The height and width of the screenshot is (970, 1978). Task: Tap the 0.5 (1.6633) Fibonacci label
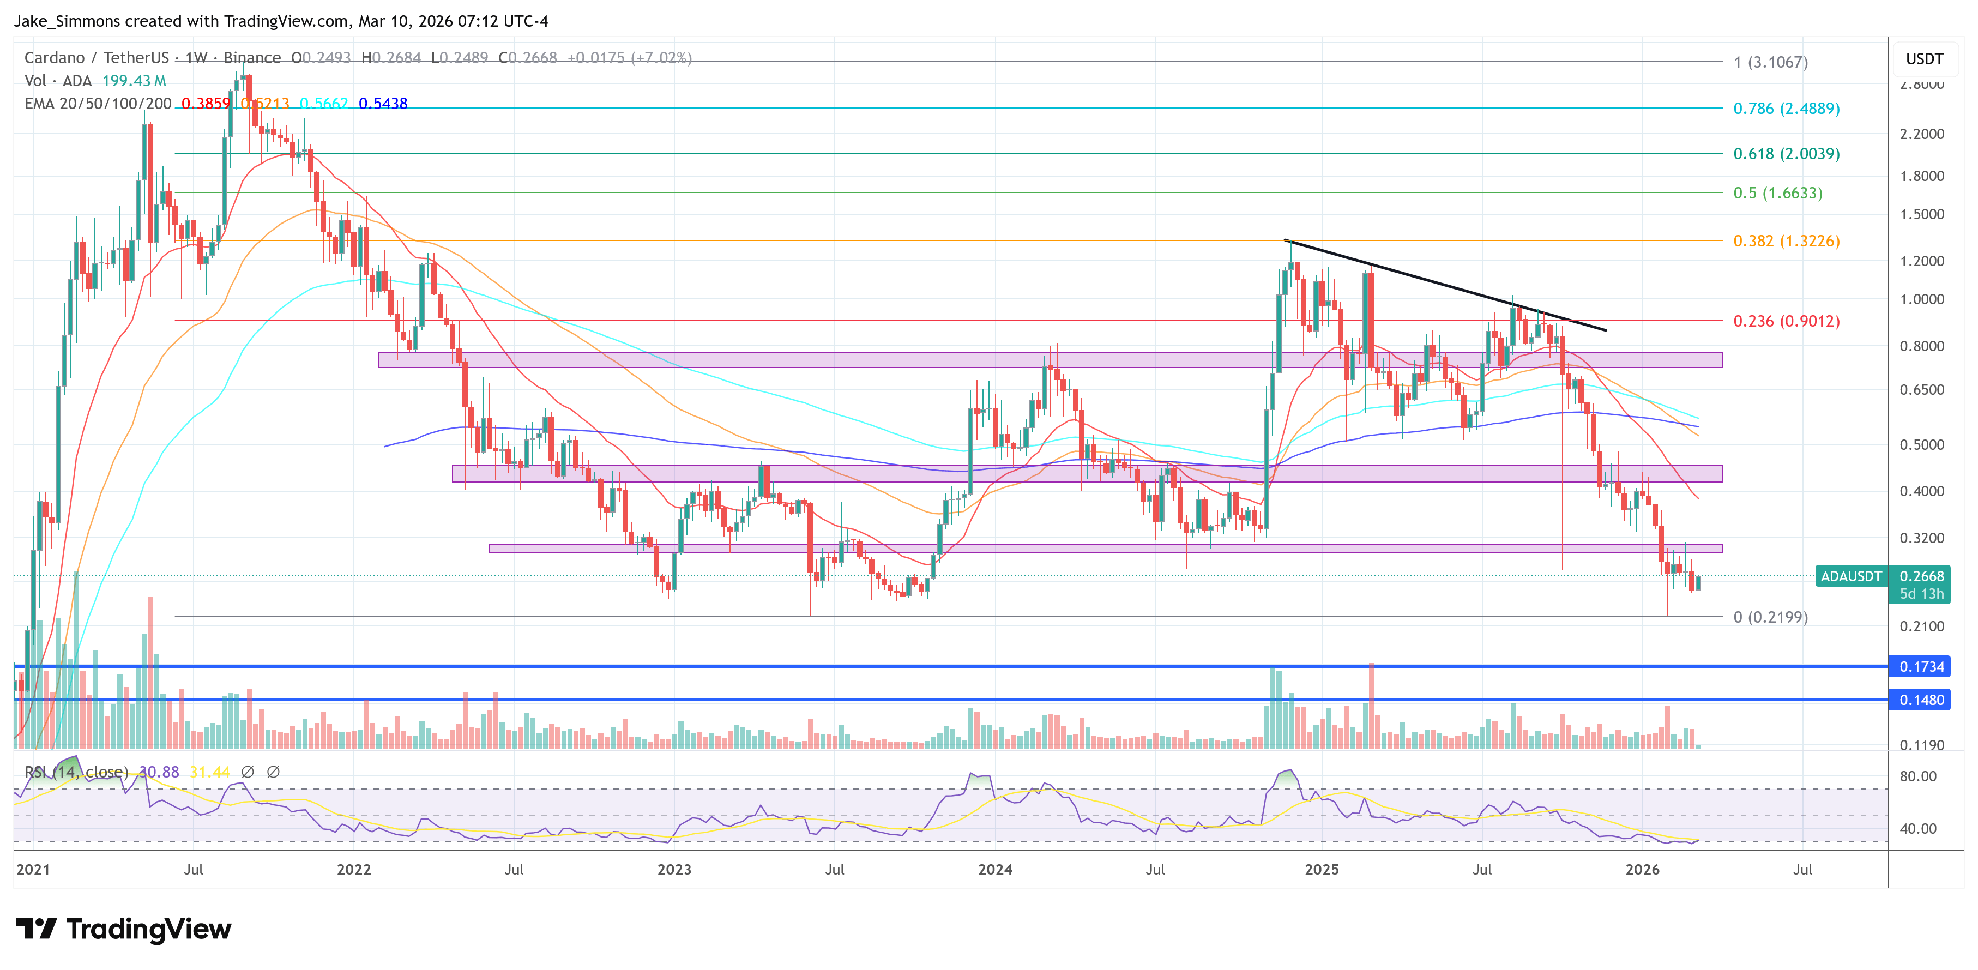pos(1777,193)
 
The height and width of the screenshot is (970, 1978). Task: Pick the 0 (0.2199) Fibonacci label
pos(1770,617)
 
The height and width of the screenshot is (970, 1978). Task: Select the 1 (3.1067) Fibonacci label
pos(1770,62)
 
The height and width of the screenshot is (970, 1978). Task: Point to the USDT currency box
pos(1924,59)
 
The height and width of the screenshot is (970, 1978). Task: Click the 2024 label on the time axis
pos(994,869)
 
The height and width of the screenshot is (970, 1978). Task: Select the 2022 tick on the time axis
pos(353,869)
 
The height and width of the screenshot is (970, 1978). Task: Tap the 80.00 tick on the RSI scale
pos(1917,776)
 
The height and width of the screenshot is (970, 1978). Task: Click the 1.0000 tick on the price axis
pos(1921,299)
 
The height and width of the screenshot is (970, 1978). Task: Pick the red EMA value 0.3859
pos(205,104)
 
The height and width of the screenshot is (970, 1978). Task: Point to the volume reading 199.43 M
pos(134,81)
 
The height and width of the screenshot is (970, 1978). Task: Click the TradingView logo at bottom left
pos(123,929)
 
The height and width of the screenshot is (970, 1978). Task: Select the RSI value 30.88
pos(159,772)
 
